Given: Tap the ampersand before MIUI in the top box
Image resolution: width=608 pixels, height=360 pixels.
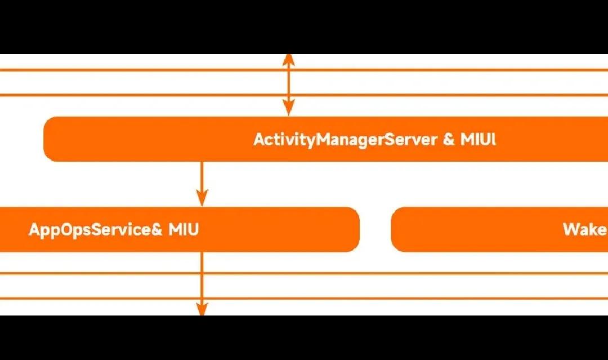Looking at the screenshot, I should pos(449,139).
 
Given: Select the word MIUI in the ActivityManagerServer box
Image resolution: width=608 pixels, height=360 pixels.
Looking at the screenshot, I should pos(478,139).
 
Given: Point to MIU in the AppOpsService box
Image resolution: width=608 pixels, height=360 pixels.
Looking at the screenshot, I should pos(184,229).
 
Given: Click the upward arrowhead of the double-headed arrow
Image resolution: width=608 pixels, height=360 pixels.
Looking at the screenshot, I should pos(288,60).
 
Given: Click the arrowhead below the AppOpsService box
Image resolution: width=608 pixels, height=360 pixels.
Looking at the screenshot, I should pos(202,309).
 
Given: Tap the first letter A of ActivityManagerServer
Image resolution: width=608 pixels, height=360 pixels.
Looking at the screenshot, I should pos(259,139).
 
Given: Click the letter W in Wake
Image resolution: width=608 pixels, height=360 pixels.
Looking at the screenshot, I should pos(570,229).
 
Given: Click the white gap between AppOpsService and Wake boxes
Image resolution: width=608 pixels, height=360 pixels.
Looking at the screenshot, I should pos(375,229).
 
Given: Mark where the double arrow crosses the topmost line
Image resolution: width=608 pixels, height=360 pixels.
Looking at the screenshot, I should pos(288,70).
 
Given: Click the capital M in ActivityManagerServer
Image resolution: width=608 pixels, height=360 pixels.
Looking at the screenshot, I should pos(324,139).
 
